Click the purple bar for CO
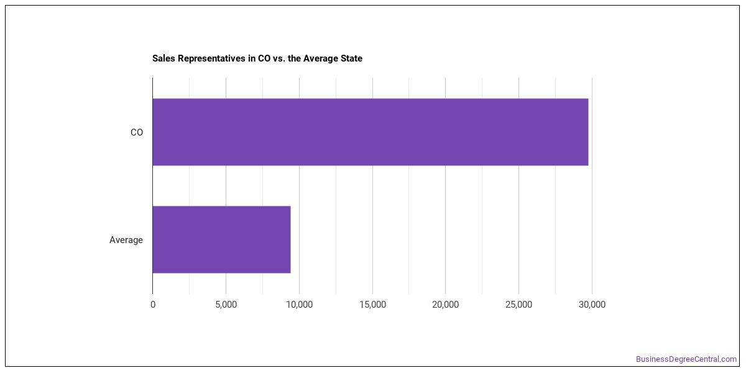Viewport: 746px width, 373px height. click(371, 132)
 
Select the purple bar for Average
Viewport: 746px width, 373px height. click(221, 239)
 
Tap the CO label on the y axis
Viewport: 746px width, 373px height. click(137, 132)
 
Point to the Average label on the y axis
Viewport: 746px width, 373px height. click(126, 240)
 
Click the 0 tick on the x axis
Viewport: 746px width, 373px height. click(153, 305)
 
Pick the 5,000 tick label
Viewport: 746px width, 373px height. click(226, 305)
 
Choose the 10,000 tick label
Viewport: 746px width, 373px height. click(299, 305)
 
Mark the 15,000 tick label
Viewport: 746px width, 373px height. click(372, 305)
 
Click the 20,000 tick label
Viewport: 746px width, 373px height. click(445, 305)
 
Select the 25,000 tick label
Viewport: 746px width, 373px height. click(518, 305)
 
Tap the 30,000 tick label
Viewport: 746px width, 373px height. click(592, 305)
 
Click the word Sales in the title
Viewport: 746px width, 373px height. click(163, 58)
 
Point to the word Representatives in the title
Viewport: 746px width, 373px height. click(211, 58)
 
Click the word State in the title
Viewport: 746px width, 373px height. click(351, 58)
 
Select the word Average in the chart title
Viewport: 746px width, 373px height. click(320, 58)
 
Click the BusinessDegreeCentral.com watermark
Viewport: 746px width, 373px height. click(686, 359)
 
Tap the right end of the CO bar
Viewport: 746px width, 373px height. click(589, 132)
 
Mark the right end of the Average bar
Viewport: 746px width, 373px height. click(290, 239)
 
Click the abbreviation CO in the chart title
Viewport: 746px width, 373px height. click(264, 58)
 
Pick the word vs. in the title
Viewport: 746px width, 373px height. click(279, 58)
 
